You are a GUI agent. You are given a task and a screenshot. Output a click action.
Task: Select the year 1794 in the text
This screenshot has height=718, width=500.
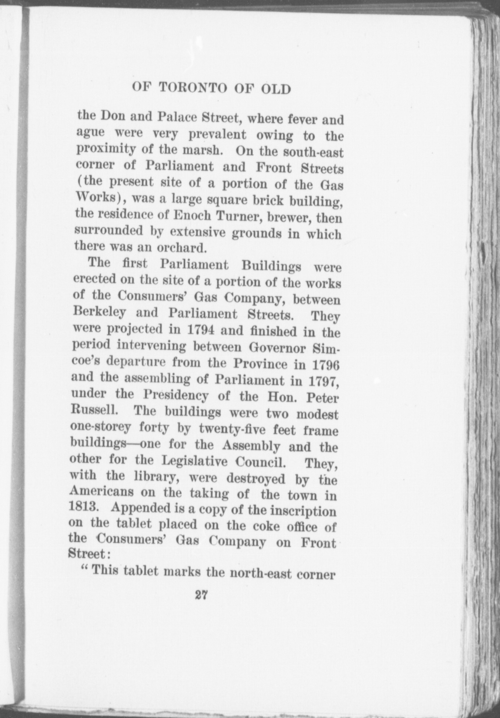click(x=201, y=329)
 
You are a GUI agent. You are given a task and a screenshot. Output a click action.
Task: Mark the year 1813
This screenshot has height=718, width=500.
click(x=84, y=508)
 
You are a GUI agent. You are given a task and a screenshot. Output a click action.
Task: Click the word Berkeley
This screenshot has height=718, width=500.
click(x=100, y=312)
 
